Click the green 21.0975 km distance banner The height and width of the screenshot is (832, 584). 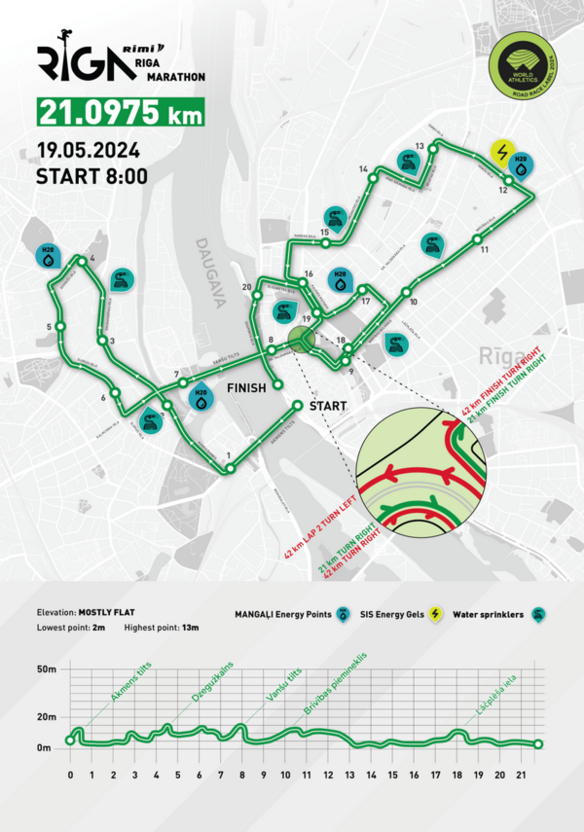pyautogui.click(x=120, y=112)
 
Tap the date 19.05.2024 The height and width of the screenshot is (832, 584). pyautogui.click(x=88, y=151)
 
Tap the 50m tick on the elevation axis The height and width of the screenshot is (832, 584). pyautogui.click(x=50, y=670)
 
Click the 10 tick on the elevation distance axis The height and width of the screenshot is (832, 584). pyautogui.click(x=284, y=775)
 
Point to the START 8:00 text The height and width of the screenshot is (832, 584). pyautogui.click(x=91, y=177)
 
